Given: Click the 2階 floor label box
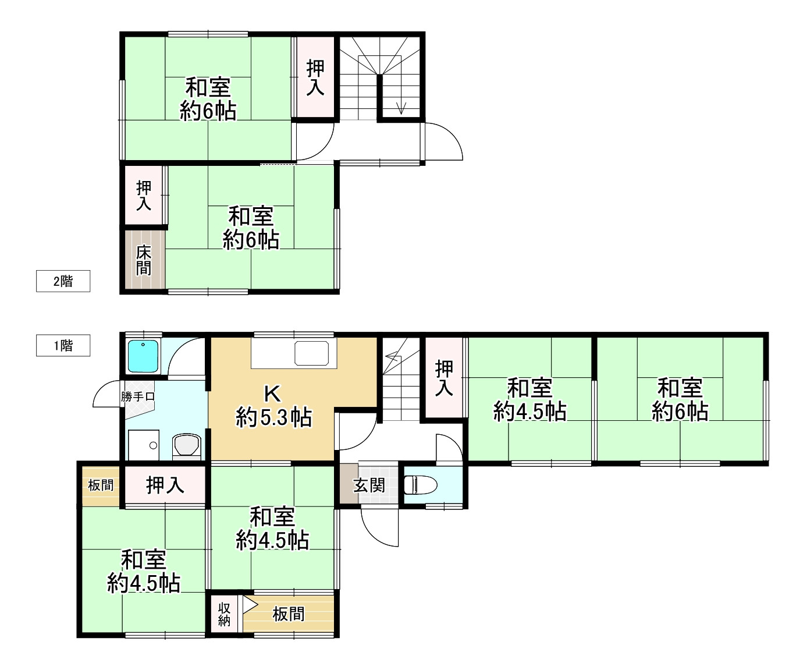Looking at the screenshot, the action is [x=63, y=281].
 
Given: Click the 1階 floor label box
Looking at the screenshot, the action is [x=63, y=345].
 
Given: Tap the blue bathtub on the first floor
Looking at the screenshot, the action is [x=143, y=356].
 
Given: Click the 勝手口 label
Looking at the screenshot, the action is [x=138, y=396].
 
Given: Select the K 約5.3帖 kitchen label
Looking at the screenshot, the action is [x=273, y=406].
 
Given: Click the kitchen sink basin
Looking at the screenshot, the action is [x=311, y=353].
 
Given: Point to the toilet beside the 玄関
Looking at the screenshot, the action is [x=420, y=485].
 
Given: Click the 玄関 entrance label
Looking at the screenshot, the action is [x=369, y=485].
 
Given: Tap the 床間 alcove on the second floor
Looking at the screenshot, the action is [x=144, y=260].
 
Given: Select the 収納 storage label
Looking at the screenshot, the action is [x=224, y=614].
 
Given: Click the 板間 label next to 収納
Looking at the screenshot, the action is [x=289, y=614].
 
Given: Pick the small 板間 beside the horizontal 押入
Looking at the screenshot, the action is [x=101, y=485].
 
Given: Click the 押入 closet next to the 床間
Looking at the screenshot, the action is [x=143, y=195].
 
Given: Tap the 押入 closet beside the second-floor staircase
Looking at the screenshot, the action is [x=315, y=77].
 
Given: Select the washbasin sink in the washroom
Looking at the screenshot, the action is [x=144, y=445].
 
